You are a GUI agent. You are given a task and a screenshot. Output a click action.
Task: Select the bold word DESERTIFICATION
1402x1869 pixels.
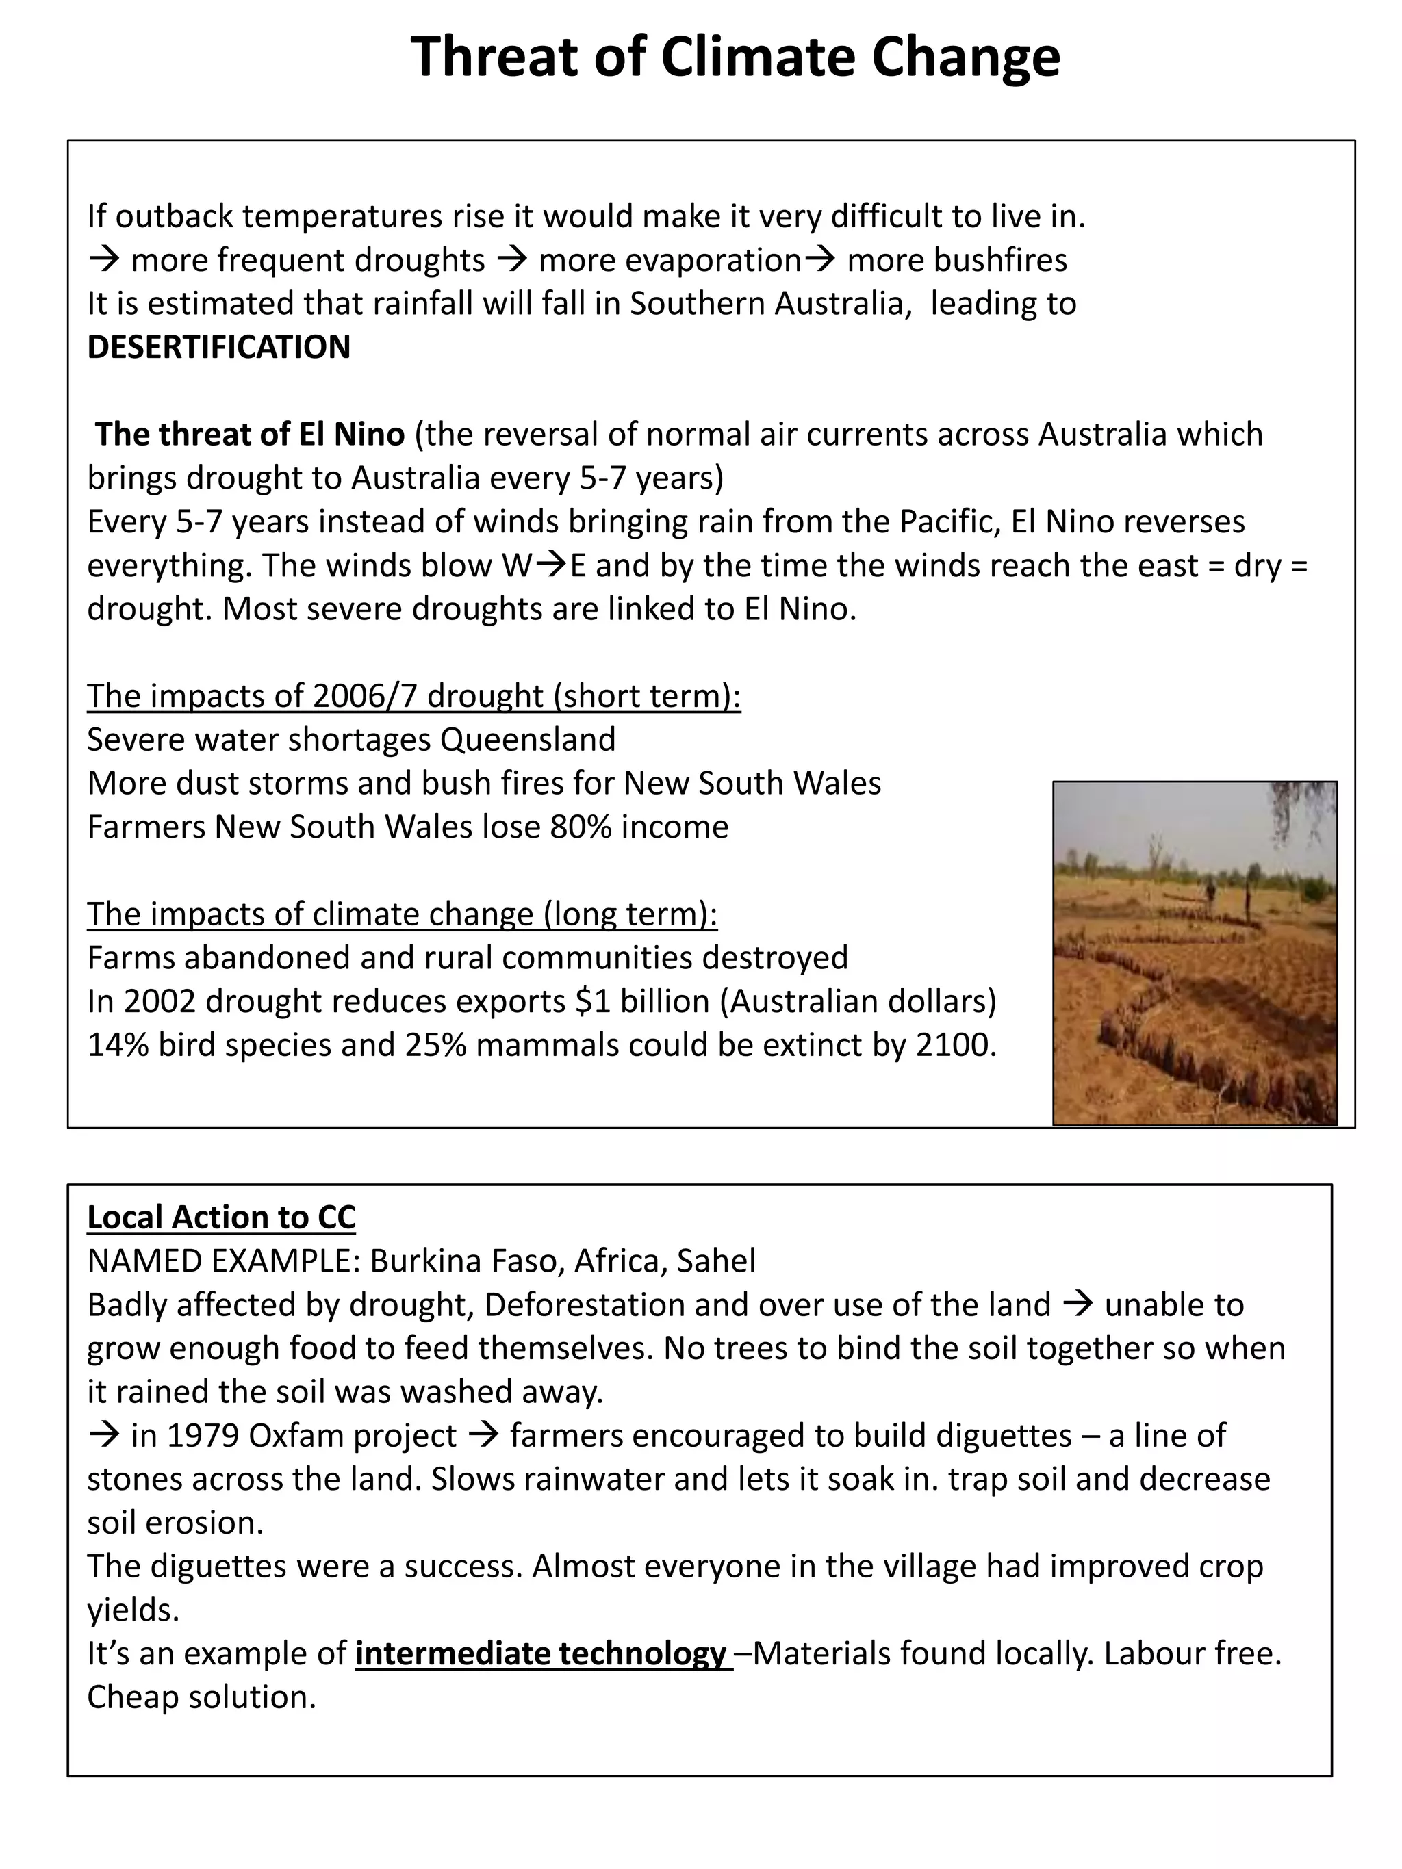[x=218, y=347]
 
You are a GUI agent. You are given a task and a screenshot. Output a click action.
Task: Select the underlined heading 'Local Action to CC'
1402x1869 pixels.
[x=221, y=1217]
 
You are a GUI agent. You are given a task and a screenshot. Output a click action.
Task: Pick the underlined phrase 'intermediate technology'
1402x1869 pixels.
[x=541, y=1653]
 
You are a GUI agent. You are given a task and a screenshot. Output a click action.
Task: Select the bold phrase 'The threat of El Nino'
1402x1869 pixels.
[x=250, y=435]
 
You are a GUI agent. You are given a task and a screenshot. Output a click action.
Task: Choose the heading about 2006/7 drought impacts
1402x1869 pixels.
[x=414, y=696]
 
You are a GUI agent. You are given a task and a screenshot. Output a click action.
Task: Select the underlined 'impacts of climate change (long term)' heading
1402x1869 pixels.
[x=403, y=914]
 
